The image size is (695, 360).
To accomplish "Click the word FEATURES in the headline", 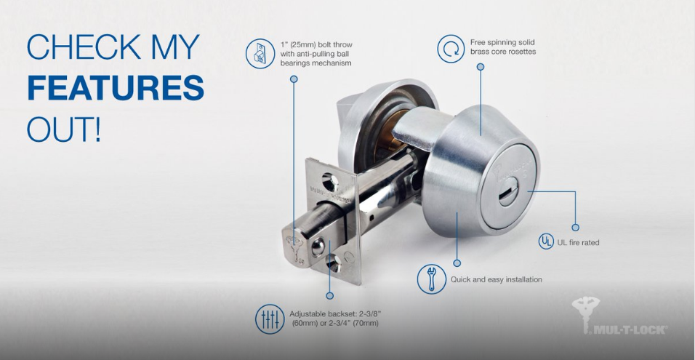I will [x=116, y=88].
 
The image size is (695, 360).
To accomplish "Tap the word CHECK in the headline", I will [x=73, y=47].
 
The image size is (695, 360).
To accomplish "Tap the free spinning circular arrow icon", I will [x=451, y=49].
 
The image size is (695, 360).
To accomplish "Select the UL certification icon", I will [x=545, y=241].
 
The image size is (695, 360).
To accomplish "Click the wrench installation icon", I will [x=431, y=279].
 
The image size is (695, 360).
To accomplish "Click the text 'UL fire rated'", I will [x=578, y=242].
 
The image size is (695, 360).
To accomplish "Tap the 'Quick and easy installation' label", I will [x=496, y=279].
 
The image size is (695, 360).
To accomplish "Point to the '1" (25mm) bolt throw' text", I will [x=316, y=44].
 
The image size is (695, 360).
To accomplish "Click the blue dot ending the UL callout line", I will [x=576, y=228].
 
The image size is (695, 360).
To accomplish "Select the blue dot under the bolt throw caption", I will [x=294, y=78].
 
